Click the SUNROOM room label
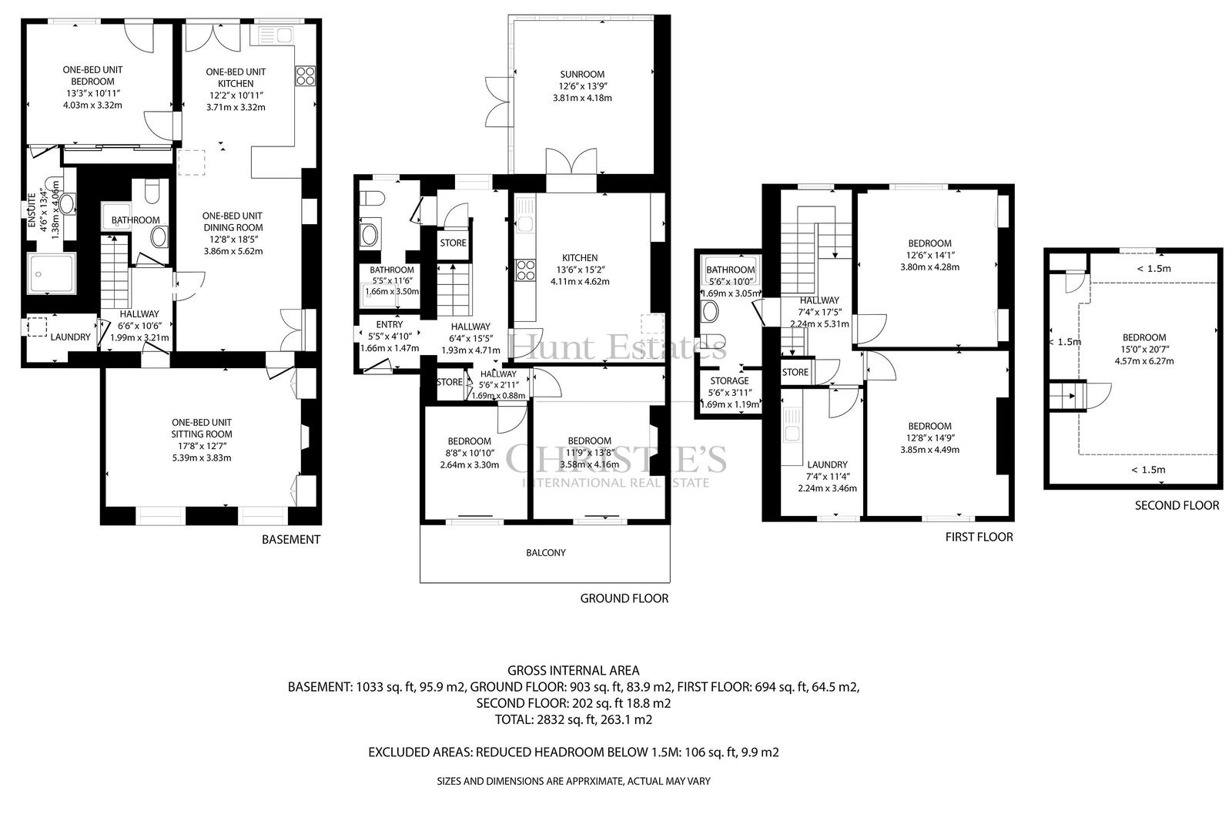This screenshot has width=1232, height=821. (x=582, y=74)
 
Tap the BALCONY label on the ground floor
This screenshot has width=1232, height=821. (x=546, y=552)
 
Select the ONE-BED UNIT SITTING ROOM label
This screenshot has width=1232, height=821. (x=201, y=428)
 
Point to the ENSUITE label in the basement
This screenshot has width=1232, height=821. (x=32, y=210)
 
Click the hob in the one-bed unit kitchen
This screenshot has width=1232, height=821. (x=305, y=76)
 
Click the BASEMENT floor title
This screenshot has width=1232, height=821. (x=291, y=539)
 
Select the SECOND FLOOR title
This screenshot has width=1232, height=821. (x=1177, y=505)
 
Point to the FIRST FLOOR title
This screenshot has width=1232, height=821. (x=979, y=537)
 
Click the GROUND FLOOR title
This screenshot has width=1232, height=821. (x=624, y=598)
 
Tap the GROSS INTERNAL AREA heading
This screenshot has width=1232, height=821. (x=573, y=670)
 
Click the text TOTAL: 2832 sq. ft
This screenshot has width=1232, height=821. (x=546, y=719)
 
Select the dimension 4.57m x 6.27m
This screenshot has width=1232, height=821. (x=1144, y=361)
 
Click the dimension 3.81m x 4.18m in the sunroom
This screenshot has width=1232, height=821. (x=582, y=98)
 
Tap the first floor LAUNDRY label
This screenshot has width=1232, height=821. (x=827, y=464)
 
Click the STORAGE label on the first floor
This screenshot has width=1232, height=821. (x=729, y=380)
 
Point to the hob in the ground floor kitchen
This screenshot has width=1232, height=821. (x=525, y=271)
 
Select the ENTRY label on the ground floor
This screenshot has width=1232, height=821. (x=390, y=325)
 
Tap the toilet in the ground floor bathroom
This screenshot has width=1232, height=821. (x=371, y=199)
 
